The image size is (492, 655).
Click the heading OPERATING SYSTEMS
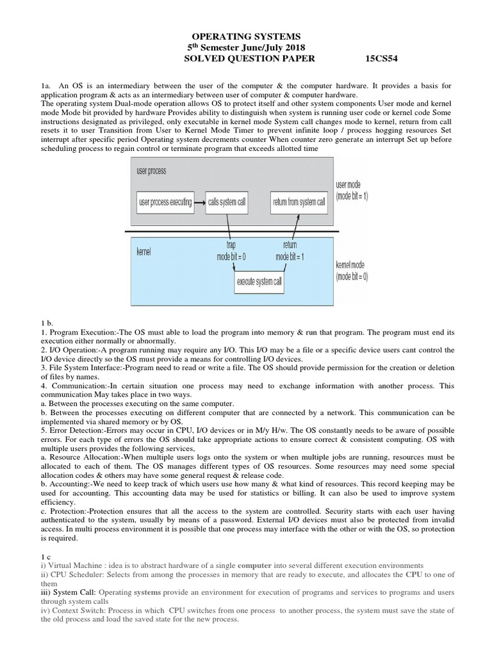point(247,38)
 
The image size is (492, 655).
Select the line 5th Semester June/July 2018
point(246,49)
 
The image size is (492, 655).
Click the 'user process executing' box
point(165,203)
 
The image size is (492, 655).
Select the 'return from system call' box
point(299,203)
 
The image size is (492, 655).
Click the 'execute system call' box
point(259,281)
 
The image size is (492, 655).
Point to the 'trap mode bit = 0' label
point(231,251)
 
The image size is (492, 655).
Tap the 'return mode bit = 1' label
point(290,251)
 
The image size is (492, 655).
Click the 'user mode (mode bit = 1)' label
point(352,191)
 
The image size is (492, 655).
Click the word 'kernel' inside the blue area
point(144,253)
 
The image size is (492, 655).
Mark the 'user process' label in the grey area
point(151,171)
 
